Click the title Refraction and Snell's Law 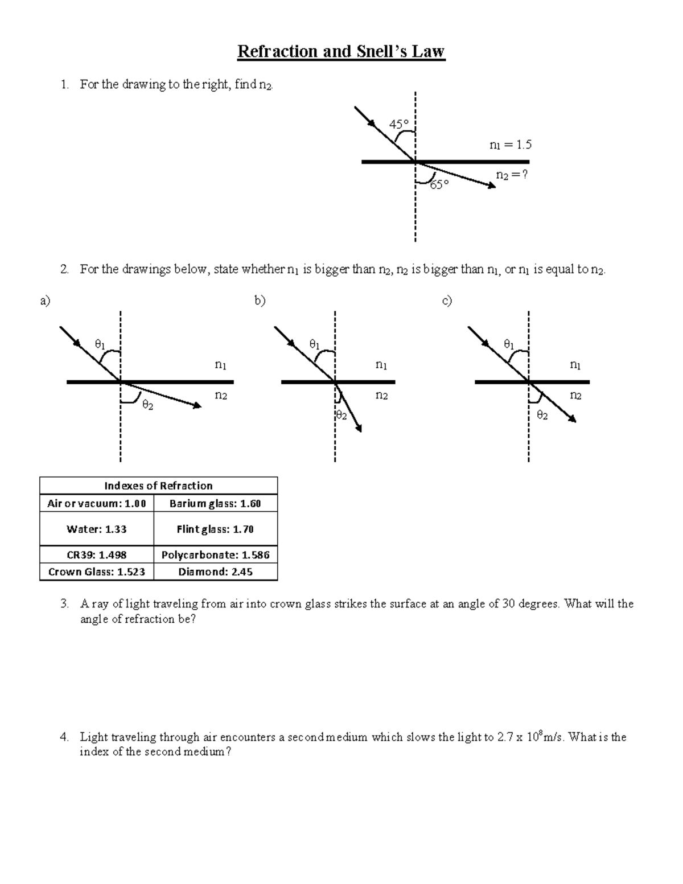pos(341,52)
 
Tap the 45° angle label pos(398,124)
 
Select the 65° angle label pos(439,184)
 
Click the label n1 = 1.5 pos(510,145)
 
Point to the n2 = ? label pos(512,175)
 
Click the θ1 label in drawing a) pos(100,344)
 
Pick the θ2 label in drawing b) pos(341,416)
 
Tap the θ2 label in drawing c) pos(542,416)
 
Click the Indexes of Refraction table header pos(158,486)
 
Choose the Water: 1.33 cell pos(97,529)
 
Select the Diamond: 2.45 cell pos(215,571)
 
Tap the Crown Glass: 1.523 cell pos(97,571)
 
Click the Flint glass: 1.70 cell pos(215,529)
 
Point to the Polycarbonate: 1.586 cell pos(215,554)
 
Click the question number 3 pos(64,604)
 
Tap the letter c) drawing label pos(447,301)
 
